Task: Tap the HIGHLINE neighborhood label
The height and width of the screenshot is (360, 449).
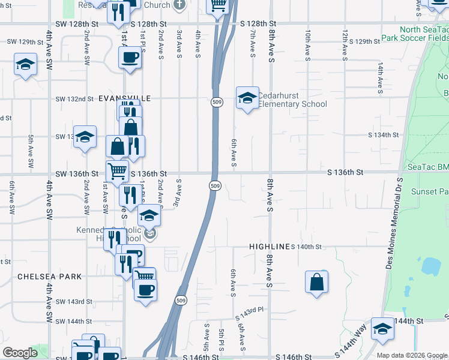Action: tap(270, 247)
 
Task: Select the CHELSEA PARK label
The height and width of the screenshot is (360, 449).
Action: tap(49, 277)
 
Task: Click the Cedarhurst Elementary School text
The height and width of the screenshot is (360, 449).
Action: tap(292, 100)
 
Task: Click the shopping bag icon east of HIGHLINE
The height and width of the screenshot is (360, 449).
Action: tap(316, 281)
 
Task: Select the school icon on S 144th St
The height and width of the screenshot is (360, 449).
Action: tap(382, 328)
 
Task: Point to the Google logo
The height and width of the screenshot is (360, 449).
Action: tap(20, 353)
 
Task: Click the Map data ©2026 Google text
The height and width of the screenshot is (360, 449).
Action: tap(412, 355)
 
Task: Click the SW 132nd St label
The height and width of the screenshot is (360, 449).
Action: tap(74, 99)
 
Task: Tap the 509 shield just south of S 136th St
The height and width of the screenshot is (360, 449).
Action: tap(215, 187)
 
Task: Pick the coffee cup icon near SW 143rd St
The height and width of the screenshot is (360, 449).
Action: tap(144, 290)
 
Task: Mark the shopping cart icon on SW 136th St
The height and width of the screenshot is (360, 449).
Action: tap(118, 170)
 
